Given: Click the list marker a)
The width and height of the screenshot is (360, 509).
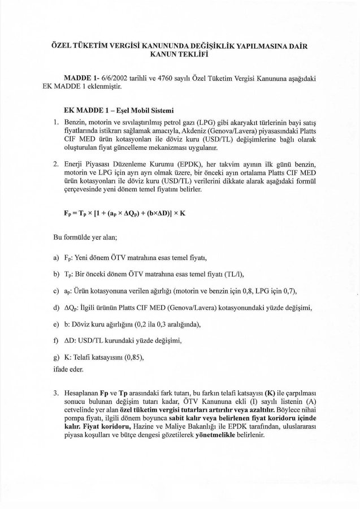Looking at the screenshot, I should point(57,258).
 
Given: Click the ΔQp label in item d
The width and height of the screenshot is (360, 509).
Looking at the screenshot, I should point(73,308).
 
